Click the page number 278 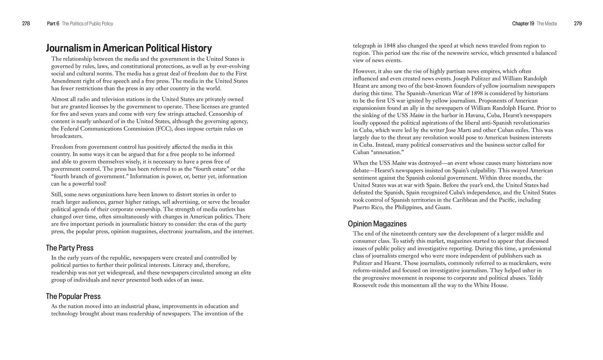26,23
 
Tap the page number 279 578,23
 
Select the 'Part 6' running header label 53,23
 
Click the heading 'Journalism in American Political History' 129,48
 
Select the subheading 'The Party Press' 70,248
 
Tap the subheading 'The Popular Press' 73,296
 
